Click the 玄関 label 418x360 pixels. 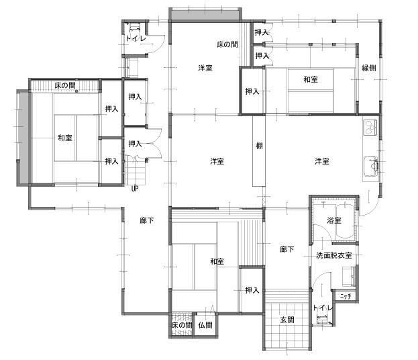[287, 320]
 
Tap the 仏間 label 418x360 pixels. [205, 325]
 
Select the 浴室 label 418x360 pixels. [334, 221]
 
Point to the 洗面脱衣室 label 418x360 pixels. [334, 255]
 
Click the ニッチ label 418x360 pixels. [346, 296]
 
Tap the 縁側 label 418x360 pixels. [369, 68]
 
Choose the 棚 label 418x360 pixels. [259, 146]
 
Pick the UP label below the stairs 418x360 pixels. [135, 189]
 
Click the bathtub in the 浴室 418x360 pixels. [345, 221]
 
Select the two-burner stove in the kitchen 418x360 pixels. [370, 127]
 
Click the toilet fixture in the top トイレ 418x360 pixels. [135, 28]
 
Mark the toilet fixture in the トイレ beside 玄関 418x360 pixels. [322, 319]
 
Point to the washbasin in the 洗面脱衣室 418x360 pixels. [349, 277]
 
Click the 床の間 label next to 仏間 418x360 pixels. [182, 325]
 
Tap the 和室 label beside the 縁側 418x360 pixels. [311, 79]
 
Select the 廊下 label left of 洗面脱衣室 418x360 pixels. [287, 250]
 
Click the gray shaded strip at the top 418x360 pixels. [205, 15]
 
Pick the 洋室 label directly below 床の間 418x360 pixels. [205, 68]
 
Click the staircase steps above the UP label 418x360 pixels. [136, 171]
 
